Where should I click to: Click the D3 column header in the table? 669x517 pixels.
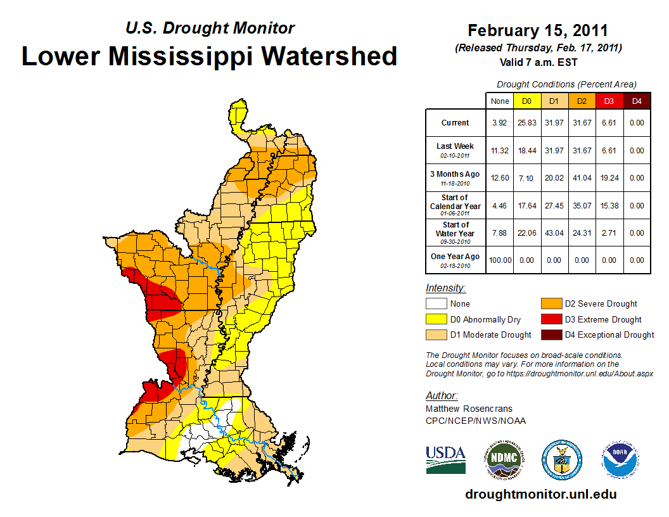(608, 101)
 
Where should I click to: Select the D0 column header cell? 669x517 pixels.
(526, 101)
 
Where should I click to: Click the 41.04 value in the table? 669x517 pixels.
(581, 178)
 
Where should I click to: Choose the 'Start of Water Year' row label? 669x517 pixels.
(455, 233)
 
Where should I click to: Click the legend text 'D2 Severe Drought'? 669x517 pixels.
(601, 304)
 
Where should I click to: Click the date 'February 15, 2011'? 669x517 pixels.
(538, 30)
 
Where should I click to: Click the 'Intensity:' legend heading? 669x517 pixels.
(445, 288)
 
